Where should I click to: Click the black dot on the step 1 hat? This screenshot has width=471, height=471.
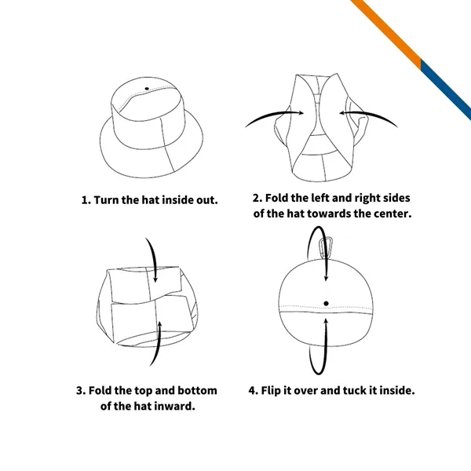[x=146, y=88]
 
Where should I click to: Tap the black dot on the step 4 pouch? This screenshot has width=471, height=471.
[x=326, y=303]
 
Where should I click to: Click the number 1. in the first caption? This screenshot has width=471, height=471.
[x=86, y=199]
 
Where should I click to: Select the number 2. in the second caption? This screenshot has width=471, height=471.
[x=257, y=198]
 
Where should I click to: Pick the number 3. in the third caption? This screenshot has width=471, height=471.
[x=81, y=390]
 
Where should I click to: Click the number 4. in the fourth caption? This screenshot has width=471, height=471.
[x=254, y=390]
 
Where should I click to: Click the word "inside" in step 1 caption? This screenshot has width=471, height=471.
[x=177, y=199]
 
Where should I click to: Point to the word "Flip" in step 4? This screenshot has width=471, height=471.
[x=275, y=390]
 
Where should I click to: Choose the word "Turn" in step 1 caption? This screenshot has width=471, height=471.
[x=108, y=199]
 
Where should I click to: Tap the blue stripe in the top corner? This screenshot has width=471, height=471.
[x=447, y=90]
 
